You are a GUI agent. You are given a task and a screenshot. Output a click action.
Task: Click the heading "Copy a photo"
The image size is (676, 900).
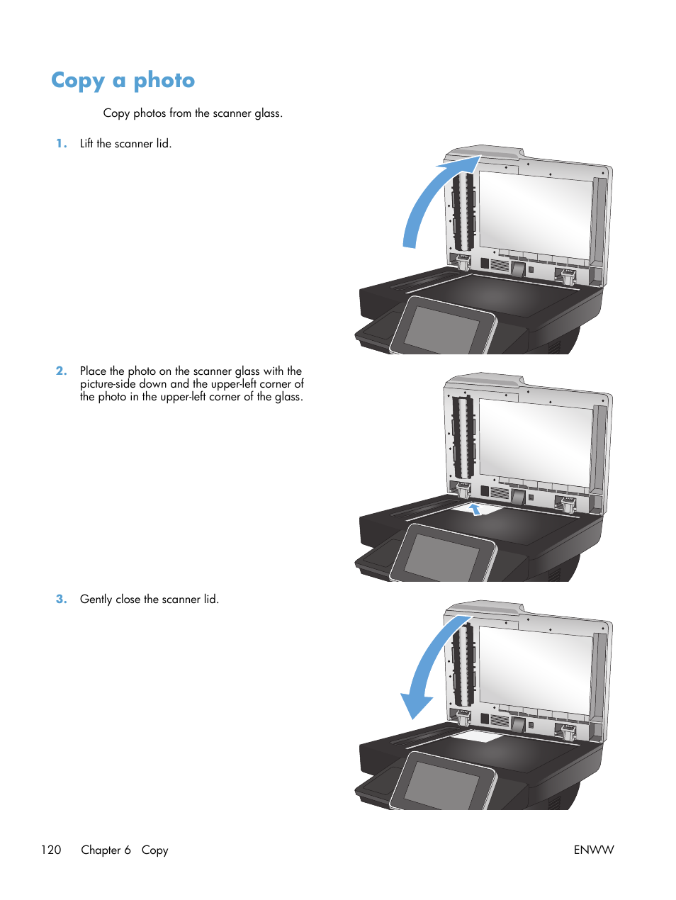123,81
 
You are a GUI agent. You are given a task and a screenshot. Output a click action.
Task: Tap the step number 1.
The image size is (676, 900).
62,143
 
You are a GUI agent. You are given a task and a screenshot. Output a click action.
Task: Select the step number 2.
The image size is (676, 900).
62,371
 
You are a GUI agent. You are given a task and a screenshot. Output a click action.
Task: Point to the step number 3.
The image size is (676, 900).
62,599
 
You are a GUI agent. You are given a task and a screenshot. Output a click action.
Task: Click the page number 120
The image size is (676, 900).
51,850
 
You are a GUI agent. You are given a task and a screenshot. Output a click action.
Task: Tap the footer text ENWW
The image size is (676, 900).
593,850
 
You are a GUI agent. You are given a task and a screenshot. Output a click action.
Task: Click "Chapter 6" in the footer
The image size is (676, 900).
106,850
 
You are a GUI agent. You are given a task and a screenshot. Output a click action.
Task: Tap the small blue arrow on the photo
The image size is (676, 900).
475,508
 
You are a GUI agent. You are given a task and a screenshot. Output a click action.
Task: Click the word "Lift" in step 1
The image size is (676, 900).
86,143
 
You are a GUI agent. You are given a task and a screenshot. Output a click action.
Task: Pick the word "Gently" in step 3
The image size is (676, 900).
96,599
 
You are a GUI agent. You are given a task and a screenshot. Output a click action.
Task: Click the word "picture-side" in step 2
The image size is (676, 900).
108,384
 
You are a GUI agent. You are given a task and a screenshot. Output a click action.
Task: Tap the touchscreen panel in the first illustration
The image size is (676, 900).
442,327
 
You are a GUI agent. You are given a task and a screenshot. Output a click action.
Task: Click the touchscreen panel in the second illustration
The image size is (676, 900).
442,555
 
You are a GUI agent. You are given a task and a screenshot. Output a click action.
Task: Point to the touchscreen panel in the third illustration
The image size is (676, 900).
442,783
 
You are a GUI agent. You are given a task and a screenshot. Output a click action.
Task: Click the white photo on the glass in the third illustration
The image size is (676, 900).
477,737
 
